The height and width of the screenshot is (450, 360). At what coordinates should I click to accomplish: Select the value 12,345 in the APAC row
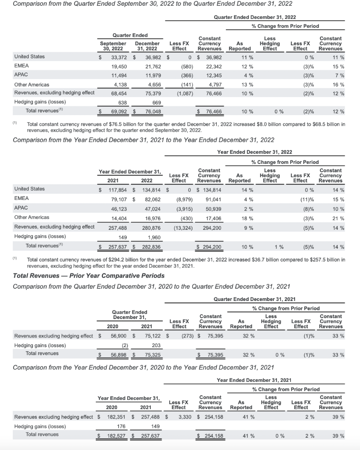[x=213, y=75]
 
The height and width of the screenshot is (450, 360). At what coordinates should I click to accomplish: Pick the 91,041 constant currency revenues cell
[x=213, y=199]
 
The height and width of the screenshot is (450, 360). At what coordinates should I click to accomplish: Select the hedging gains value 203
[x=155, y=345]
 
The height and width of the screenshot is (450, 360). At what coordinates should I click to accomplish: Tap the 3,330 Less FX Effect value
[x=183, y=417]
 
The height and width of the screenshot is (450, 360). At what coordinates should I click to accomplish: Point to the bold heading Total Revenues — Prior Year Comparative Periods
[x=89, y=276]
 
